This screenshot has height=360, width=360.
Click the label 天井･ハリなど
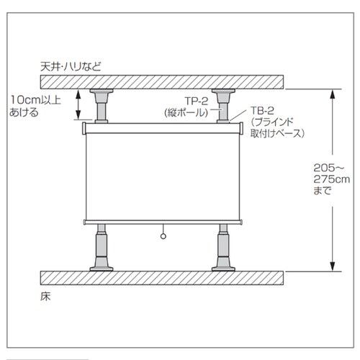tap(71, 66)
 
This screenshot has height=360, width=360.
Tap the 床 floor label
tap(45, 297)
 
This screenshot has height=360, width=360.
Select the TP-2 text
tap(197, 102)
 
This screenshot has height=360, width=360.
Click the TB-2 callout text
tap(262, 111)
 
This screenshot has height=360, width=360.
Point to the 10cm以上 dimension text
tap(35, 100)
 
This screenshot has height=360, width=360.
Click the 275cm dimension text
tap(332, 179)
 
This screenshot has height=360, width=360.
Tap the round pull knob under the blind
tap(163, 236)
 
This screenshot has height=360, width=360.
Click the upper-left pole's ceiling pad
tap(102, 91)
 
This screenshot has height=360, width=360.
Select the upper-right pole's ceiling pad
tap(223, 91)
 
